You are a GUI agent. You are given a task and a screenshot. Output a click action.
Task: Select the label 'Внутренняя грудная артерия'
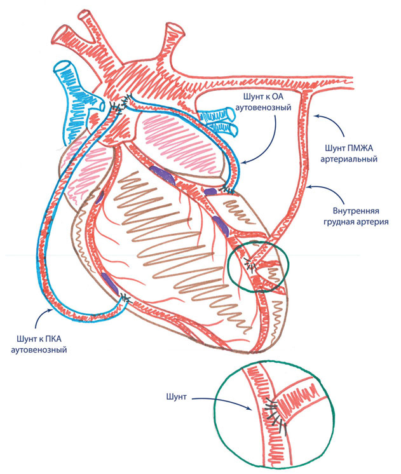(350, 217)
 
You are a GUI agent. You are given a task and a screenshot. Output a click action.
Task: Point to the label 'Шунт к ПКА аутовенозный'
(41, 344)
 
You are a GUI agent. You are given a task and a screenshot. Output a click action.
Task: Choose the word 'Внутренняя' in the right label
(350, 211)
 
